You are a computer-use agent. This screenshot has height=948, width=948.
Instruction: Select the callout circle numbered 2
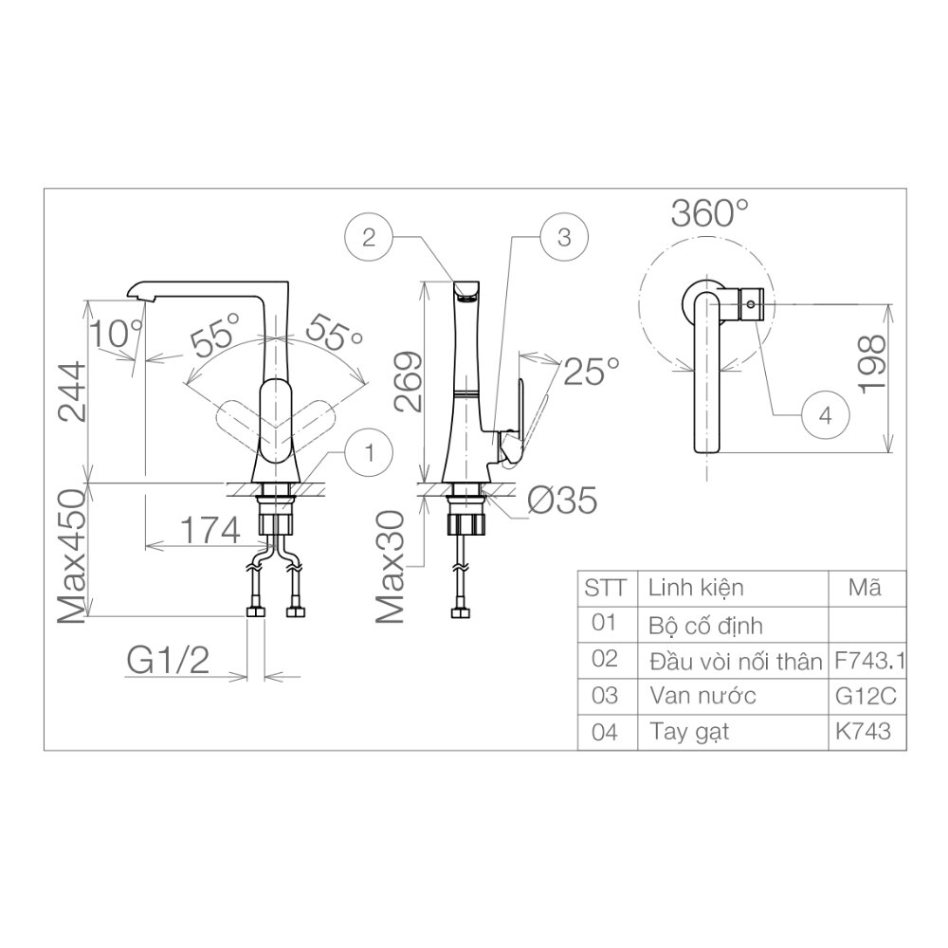pos(371,237)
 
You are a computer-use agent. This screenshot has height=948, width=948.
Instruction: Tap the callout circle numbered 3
pos(563,237)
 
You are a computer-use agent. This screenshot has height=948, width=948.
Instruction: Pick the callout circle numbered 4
pos(825,415)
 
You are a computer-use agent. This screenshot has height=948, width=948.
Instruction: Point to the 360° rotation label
pos(709,213)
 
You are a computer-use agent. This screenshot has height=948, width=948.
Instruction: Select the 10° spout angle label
pos(115,333)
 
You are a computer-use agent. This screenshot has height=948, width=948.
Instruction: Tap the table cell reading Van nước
pos(702,696)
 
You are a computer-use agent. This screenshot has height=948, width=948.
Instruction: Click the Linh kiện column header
pos(696,587)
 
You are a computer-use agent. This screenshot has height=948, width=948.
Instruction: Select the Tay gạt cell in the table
pos(689,732)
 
